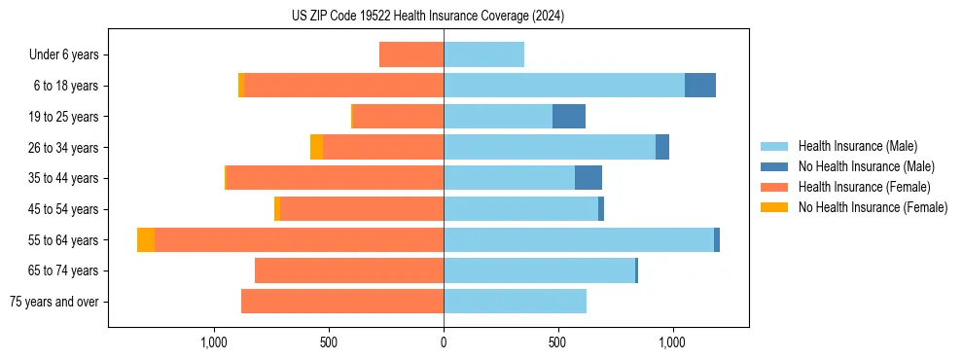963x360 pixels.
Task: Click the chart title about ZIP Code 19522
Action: [x=427, y=17]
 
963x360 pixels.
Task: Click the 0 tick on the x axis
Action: [x=444, y=342]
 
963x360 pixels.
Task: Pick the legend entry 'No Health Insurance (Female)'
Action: [x=873, y=207]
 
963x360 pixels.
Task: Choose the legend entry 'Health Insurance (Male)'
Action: [x=858, y=146]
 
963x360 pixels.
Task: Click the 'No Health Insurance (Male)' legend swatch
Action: [x=774, y=166]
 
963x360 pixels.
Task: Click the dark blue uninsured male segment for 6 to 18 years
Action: [x=700, y=86]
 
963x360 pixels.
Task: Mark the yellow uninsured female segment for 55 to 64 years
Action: [x=146, y=240]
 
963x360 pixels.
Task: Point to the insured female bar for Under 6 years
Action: [x=411, y=54]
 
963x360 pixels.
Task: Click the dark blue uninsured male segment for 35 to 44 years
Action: [x=588, y=178]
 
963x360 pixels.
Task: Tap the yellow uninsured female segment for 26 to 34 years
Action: [x=317, y=147]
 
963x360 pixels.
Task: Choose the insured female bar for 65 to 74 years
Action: [x=349, y=270]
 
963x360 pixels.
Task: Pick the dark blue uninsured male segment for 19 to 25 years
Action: [x=569, y=117]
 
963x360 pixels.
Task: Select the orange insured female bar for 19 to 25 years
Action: [x=399, y=117]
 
